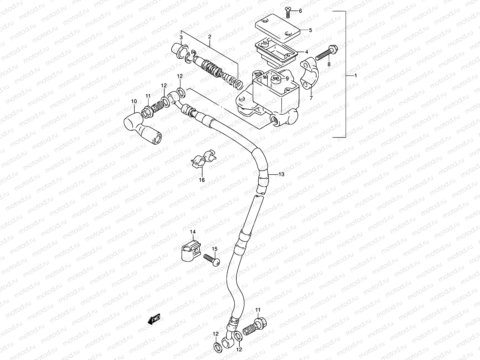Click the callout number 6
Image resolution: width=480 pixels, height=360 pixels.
[x=300, y=11]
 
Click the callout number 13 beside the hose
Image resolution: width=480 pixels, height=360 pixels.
[x=281, y=174]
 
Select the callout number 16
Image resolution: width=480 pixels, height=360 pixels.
[x=202, y=180]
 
